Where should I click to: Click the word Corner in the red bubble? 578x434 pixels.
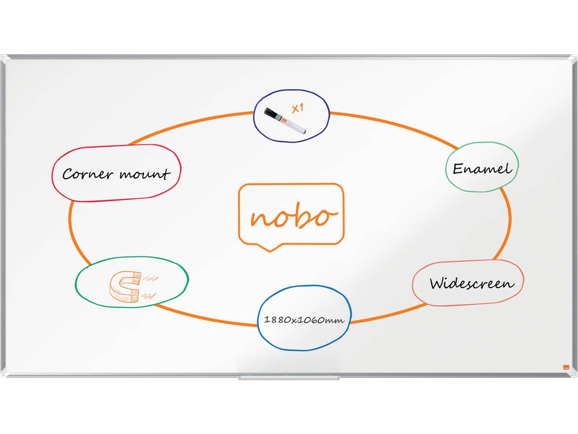[x=87, y=174]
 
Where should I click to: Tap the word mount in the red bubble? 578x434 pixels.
[x=145, y=174]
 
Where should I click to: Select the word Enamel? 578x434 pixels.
[x=482, y=169]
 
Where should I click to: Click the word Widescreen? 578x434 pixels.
[x=472, y=283]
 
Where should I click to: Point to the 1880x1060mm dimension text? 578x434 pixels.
[x=304, y=320]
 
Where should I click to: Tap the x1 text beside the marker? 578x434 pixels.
[x=298, y=108]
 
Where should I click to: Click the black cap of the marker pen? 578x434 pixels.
[x=272, y=114]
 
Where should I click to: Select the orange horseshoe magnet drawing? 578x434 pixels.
[x=125, y=287]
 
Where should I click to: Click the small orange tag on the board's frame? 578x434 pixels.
[x=566, y=367]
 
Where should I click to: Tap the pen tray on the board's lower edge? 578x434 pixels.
[x=288, y=378]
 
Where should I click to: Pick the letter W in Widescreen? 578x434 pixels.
[x=438, y=283]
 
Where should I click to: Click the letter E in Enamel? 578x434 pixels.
[x=458, y=169]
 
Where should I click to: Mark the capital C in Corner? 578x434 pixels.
[x=67, y=174]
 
